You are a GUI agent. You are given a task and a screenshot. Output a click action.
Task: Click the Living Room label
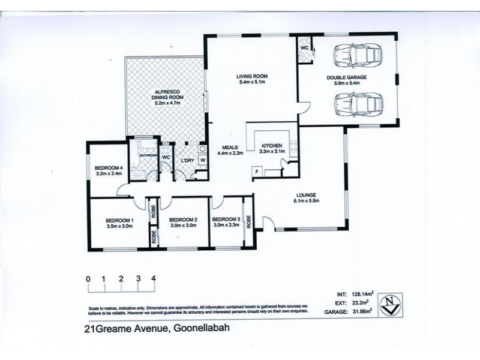[x=251, y=76]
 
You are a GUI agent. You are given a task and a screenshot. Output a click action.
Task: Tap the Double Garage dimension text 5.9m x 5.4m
[x=346, y=83]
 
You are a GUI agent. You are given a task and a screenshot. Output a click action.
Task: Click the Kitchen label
[x=271, y=146]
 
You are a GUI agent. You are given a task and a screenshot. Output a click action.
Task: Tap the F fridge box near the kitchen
[x=257, y=173]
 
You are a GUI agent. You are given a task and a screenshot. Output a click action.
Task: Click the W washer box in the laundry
[x=203, y=160]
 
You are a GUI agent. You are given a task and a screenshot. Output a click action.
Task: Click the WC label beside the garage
[x=304, y=47]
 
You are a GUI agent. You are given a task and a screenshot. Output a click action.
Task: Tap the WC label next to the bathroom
[x=166, y=157]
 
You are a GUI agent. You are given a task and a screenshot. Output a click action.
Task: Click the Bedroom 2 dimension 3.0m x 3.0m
[x=183, y=226]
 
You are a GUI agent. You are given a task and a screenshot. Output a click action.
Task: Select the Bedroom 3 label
[x=226, y=219]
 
